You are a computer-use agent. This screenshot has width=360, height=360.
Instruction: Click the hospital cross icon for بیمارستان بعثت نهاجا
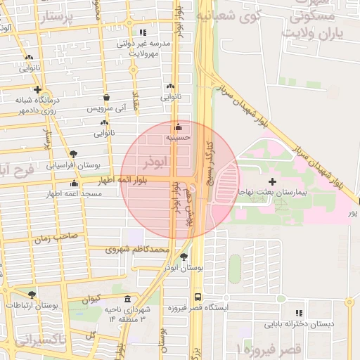point(273,182)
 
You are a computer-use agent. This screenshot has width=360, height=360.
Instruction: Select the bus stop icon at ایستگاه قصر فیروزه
point(198,297)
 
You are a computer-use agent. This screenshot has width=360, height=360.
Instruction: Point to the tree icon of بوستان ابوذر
point(184,257)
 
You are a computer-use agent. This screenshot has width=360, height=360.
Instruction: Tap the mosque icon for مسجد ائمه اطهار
point(75,184)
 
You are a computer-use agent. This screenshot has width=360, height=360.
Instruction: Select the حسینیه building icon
point(178,127)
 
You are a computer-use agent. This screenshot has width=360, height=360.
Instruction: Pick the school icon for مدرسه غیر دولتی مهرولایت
point(143,32)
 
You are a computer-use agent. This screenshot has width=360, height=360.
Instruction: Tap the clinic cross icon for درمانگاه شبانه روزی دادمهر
point(37,89)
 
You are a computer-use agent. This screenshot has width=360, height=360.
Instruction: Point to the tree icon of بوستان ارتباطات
point(32,295)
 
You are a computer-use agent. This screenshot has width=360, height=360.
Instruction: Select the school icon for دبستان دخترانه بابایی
point(300,314)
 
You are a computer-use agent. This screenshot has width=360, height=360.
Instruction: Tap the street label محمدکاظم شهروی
point(138,249)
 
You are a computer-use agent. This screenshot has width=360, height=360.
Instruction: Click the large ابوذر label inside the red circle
point(155,162)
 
